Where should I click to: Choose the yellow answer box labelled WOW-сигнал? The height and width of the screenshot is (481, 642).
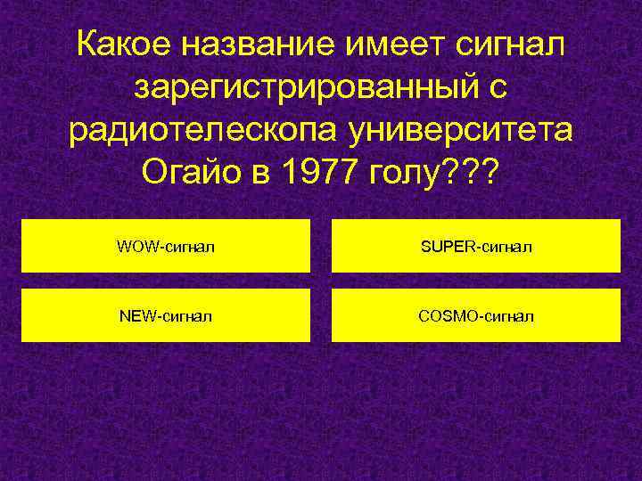pyautogui.click(x=166, y=246)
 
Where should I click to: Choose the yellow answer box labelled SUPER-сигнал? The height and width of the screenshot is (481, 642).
pyautogui.click(x=476, y=246)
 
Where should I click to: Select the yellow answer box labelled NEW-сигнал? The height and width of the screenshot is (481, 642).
pyautogui.click(x=166, y=315)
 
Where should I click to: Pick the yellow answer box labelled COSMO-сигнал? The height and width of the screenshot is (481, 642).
pyautogui.click(x=476, y=315)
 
